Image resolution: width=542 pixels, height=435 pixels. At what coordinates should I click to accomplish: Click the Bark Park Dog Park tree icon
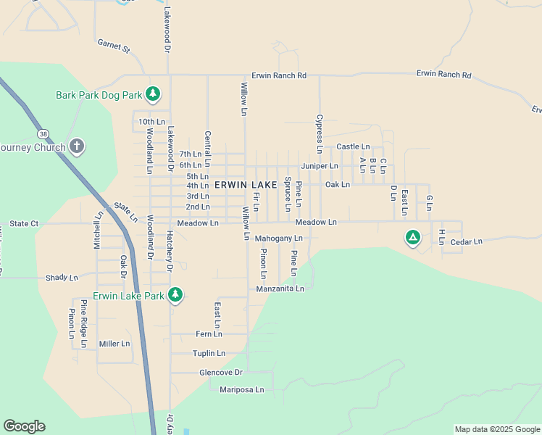[152, 94]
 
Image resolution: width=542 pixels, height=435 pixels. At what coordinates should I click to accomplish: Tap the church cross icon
[77, 147]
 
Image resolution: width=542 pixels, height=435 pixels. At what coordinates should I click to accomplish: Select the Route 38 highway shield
[44, 133]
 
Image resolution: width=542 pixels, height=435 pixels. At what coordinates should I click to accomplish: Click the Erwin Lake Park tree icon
[175, 294]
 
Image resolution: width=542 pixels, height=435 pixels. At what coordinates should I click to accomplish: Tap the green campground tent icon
[412, 237]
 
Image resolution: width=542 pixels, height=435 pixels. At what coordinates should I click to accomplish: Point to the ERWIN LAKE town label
[246, 186]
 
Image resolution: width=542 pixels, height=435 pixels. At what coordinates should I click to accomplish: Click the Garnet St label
[114, 47]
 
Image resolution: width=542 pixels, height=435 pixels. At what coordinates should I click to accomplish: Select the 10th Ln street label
[152, 122]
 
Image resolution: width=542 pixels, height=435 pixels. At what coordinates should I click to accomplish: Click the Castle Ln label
[353, 147]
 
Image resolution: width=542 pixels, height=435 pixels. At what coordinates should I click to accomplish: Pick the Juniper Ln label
[320, 166]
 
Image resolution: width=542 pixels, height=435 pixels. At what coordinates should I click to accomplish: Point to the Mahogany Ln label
[278, 238]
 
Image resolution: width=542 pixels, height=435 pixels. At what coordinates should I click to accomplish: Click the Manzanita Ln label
[280, 289]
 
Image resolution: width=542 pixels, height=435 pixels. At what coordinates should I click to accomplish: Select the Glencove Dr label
[220, 373]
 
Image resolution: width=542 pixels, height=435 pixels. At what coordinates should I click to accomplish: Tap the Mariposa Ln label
[242, 389]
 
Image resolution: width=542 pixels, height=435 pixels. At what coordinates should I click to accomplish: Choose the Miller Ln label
[114, 344]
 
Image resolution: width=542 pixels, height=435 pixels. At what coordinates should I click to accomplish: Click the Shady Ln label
[62, 278]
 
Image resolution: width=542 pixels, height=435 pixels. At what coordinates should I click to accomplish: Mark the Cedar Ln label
[466, 242]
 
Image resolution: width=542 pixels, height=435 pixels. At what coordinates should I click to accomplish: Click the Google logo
[24, 426]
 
